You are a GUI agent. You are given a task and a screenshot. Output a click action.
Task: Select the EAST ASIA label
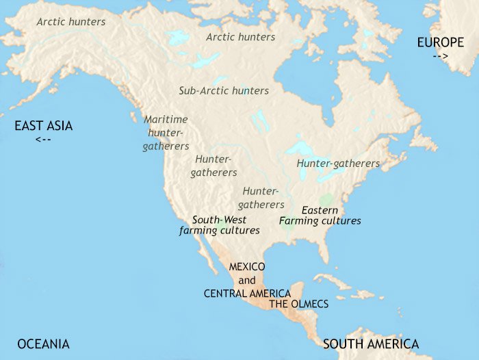pos(44,126)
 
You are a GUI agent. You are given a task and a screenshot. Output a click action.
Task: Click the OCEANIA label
pos(44,344)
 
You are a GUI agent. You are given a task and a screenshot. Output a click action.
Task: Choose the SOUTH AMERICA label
pos(371,344)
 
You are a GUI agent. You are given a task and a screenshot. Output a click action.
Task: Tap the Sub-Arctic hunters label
pos(224,90)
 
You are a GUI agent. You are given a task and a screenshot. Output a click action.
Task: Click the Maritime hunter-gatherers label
pos(166,133)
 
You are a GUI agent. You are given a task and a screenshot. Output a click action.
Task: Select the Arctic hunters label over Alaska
pos(71,22)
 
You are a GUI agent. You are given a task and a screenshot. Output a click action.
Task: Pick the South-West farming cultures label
pos(219,225)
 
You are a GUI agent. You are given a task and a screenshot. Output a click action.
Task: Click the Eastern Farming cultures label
pos(320,216)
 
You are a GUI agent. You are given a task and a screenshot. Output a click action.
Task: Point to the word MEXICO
pos(247,266)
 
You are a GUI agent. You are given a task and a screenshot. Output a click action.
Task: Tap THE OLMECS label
pos(299,304)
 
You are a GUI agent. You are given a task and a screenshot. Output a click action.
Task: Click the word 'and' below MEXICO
pos(247,280)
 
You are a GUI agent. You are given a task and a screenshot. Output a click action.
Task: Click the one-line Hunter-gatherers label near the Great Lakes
pos(338,164)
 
